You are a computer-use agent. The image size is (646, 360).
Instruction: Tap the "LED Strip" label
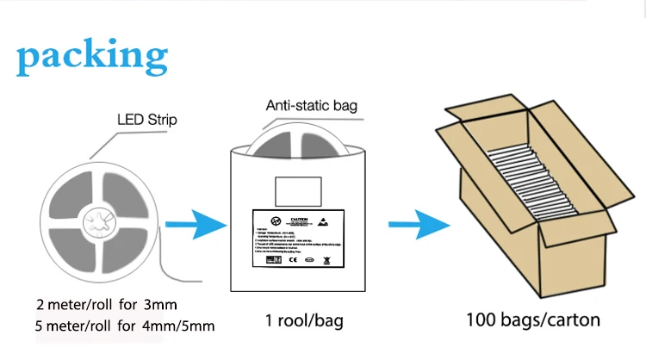pyautogui.click(x=146, y=120)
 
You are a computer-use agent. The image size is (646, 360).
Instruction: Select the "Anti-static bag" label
pyautogui.click(x=309, y=107)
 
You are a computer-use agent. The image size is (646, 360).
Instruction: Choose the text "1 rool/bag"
pyautogui.click(x=304, y=321)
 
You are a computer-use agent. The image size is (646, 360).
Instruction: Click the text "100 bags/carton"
pyautogui.click(x=533, y=320)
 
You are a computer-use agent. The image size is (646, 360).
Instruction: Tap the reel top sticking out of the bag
pyautogui.click(x=301, y=138)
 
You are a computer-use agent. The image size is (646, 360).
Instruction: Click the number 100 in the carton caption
pyautogui.click(x=483, y=320)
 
